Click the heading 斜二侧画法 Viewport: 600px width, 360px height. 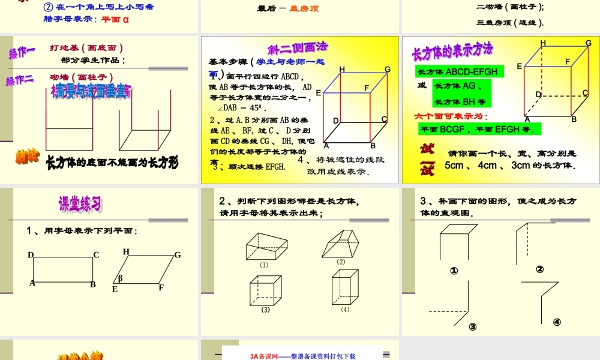tap(298, 48)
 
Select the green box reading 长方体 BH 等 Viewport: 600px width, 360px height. tap(460, 101)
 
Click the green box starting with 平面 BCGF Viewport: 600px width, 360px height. tap(480, 128)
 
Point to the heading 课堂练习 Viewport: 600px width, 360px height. tap(79, 204)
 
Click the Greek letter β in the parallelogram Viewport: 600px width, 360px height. tap(120, 278)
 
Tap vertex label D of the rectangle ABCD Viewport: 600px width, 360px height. tap(31, 255)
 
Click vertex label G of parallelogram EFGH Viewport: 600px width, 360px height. tap(178, 255)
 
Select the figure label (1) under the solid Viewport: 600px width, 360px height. tap(264, 265)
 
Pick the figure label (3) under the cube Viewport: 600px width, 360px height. tap(265, 310)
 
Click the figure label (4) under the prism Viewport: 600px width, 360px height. tap(345, 310)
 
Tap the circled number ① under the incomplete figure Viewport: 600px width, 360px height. tap(454, 271)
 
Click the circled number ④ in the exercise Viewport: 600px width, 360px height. tap(557, 322)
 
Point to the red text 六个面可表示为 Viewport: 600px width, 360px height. tap(451, 116)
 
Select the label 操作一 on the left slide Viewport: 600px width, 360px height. tap(22, 53)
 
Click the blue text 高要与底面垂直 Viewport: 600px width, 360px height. tap(91, 92)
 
